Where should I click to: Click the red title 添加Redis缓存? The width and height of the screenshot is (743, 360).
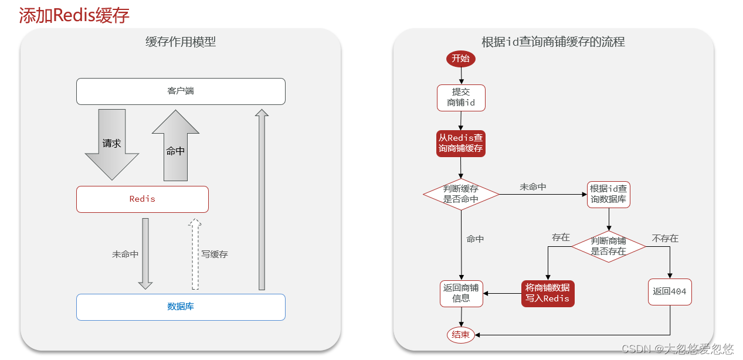pyautogui.click(x=74, y=15)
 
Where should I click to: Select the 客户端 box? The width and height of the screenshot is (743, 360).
pyautogui.click(x=181, y=91)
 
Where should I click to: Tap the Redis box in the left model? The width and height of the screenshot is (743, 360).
pyautogui.click(x=143, y=199)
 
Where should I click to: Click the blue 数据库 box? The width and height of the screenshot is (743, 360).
pyautogui.click(x=181, y=307)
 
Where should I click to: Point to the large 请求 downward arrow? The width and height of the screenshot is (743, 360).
pyautogui.click(x=112, y=144)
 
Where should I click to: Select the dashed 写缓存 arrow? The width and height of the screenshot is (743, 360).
pyautogui.click(x=196, y=254)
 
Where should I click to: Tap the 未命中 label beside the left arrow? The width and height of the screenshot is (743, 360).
pyautogui.click(x=125, y=254)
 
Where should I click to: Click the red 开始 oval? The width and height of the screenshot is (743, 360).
pyautogui.click(x=460, y=59)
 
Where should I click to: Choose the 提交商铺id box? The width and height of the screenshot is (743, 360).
pyautogui.click(x=461, y=97)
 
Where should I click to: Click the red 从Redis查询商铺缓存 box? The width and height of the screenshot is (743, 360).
pyautogui.click(x=461, y=143)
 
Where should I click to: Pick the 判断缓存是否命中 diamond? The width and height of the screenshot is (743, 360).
pyautogui.click(x=461, y=194)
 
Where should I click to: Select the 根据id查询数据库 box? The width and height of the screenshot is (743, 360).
pyautogui.click(x=609, y=194)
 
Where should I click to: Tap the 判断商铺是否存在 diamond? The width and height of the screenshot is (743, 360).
pyautogui.click(x=608, y=246)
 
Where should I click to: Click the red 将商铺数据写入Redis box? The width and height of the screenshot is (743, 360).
pyautogui.click(x=547, y=293)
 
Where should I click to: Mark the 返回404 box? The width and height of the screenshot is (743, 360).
pyautogui.click(x=670, y=291)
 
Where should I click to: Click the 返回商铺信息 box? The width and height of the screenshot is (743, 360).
pyautogui.click(x=461, y=293)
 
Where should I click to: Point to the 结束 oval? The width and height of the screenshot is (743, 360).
pyautogui.click(x=460, y=335)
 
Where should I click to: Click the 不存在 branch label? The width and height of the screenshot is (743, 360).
pyautogui.click(x=665, y=239)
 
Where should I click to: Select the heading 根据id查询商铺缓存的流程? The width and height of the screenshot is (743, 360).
pyautogui.click(x=553, y=42)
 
